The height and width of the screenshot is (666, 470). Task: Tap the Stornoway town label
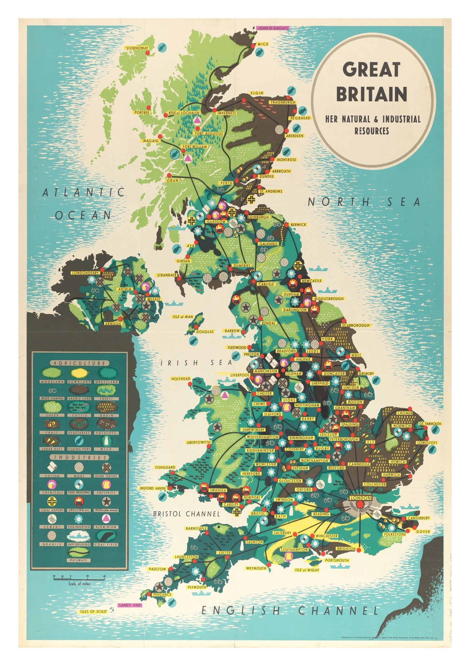pos(137,48)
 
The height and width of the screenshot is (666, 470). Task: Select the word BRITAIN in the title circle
pos(371,94)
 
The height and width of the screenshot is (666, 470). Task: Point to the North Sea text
pos(364,202)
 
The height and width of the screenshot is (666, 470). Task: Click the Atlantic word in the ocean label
pos(84,192)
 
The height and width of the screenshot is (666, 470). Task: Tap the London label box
pos(360,498)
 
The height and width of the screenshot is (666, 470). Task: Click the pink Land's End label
pos(129,605)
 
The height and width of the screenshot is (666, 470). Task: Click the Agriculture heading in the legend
pos(79,363)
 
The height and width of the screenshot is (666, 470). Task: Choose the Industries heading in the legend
pos(79,458)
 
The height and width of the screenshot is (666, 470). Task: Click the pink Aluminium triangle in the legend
pos(106,518)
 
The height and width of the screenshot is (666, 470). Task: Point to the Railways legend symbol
pos(79,552)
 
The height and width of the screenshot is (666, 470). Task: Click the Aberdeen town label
pos(295,136)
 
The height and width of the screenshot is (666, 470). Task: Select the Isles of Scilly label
pos(93,612)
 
